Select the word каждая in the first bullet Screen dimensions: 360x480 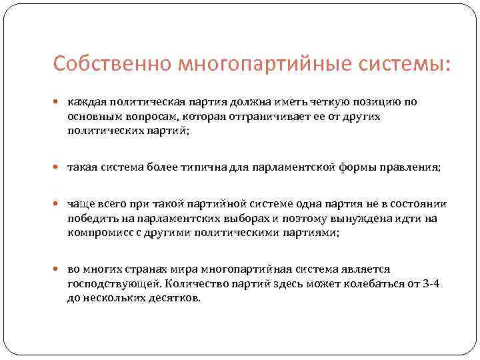point(84,102)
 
